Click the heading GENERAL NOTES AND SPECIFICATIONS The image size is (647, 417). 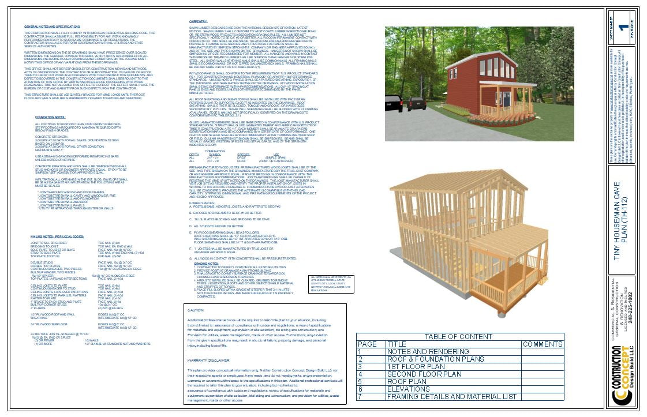52,27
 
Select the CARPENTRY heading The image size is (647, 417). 199,21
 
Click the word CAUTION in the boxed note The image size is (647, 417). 196,310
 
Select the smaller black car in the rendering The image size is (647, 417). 417,103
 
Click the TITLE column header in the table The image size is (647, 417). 397,344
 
